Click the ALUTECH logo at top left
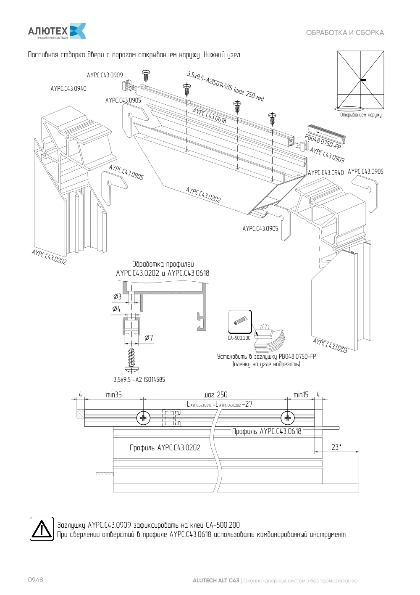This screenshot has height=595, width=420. click(x=57, y=31)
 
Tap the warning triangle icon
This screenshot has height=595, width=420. click(x=42, y=529)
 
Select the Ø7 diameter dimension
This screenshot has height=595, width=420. click(x=149, y=338)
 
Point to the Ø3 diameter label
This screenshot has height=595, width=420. click(x=117, y=296)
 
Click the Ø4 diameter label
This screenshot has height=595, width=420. click(x=116, y=309)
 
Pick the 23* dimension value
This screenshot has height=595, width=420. click(x=336, y=447)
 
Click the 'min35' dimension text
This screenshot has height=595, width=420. click(x=114, y=395)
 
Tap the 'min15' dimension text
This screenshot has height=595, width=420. click(x=301, y=395)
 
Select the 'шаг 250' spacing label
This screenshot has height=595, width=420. click(x=215, y=395)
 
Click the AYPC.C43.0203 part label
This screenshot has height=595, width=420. click(x=330, y=346)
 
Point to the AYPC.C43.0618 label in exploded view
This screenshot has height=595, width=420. click(x=209, y=116)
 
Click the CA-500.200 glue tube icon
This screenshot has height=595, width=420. click(x=240, y=322)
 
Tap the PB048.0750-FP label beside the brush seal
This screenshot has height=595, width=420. click(x=323, y=142)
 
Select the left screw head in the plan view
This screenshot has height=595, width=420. click(x=143, y=418)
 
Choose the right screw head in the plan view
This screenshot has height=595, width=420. click(x=287, y=418)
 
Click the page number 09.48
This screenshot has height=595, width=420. click(x=36, y=579)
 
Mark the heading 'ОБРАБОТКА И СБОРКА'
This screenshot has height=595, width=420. click(x=345, y=32)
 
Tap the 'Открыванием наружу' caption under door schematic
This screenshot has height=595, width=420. click(x=361, y=115)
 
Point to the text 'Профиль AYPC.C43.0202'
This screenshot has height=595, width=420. click(x=165, y=447)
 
